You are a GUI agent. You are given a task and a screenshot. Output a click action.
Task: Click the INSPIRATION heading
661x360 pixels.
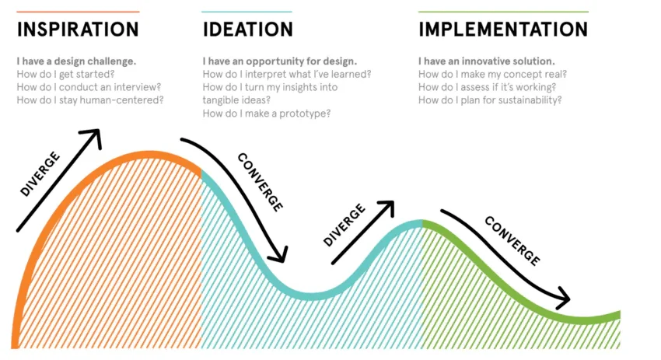78,30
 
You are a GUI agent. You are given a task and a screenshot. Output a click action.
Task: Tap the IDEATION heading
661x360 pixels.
248,30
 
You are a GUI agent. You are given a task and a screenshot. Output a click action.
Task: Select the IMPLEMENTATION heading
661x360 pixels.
503,30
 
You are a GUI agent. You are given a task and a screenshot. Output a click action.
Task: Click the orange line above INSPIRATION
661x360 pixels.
78,12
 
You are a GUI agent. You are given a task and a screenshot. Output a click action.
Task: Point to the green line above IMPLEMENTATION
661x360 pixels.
503,12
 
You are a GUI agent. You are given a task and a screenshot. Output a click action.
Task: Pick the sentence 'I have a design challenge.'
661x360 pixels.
76,61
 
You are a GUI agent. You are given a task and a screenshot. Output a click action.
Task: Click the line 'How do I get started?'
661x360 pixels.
66,74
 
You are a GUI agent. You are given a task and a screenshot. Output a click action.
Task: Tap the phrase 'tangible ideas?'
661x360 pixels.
236,100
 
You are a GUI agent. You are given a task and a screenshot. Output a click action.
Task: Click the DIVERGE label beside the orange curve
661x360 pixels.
40,174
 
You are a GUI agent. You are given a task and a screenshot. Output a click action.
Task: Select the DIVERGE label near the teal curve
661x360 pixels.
344,225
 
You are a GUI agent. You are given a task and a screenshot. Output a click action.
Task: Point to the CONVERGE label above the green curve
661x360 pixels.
512,241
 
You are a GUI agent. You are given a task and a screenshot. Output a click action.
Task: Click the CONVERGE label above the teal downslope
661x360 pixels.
260,182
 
